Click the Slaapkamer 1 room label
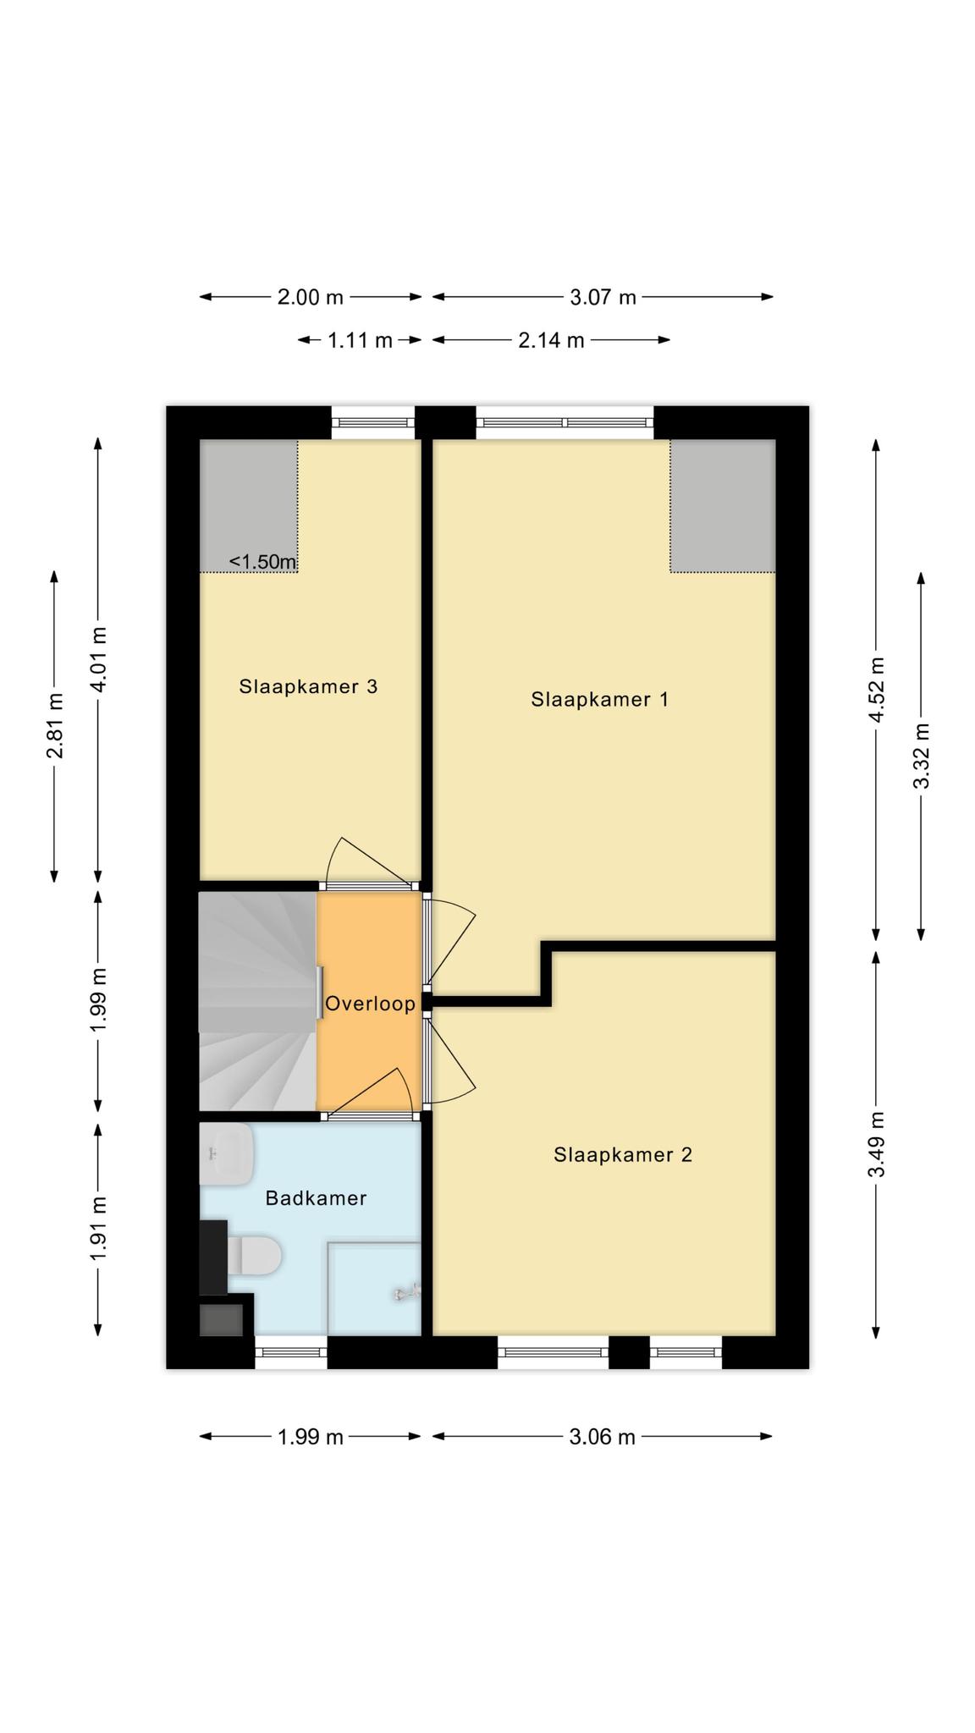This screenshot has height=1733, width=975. click(599, 699)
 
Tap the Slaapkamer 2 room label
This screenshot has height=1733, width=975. click(623, 1154)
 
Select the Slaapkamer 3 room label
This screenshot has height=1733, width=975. click(308, 686)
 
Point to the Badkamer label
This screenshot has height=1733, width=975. click(316, 1198)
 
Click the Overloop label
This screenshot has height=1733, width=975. click(371, 1004)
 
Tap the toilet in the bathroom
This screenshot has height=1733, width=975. click(253, 1256)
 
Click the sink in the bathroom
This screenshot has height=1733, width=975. click(227, 1154)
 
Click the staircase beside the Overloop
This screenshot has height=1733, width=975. click(258, 1001)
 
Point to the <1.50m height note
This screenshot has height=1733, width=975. click(263, 562)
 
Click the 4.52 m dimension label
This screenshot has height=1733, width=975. click(878, 690)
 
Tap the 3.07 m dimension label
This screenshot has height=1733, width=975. click(603, 297)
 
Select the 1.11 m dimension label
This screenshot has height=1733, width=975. click(360, 340)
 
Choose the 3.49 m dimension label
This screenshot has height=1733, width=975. click(878, 1144)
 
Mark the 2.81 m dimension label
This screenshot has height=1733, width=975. click(55, 726)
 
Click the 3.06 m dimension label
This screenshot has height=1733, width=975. click(602, 1437)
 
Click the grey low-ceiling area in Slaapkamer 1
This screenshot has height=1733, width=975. click(723, 506)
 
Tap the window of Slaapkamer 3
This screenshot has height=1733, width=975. click(373, 422)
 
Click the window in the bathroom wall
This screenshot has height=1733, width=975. click(291, 1352)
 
